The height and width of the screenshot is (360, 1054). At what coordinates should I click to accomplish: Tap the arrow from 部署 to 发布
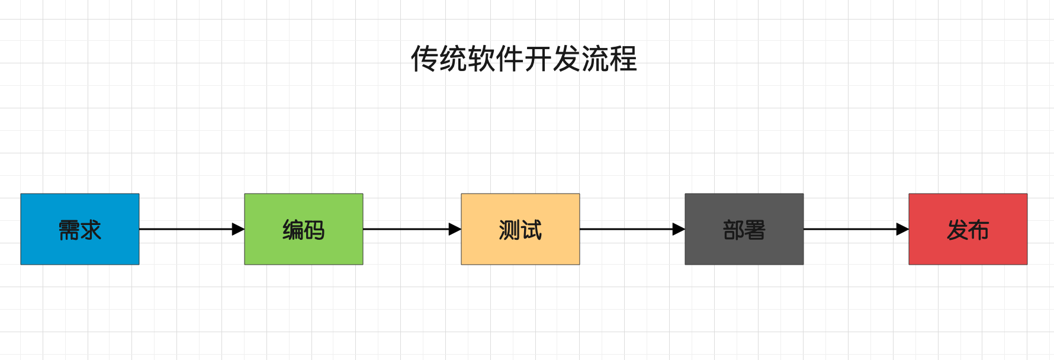[850, 229]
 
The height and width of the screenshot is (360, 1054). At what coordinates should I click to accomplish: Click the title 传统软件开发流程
[524, 59]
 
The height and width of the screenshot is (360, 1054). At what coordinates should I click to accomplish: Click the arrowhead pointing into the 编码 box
[238, 229]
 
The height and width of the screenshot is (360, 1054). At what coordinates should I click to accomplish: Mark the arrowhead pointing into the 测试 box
[455, 229]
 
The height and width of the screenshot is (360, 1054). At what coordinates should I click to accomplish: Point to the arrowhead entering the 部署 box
[679, 229]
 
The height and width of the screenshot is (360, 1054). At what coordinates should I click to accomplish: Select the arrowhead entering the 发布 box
[902, 229]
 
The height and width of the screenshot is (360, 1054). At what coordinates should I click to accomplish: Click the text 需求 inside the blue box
[80, 230]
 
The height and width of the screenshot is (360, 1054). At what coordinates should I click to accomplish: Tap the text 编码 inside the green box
[304, 230]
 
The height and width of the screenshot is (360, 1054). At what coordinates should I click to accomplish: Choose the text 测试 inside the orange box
[520, 230]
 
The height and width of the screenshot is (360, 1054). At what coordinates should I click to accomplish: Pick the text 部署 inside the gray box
[744, 230]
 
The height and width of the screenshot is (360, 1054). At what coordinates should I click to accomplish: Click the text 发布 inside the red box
[968, 230]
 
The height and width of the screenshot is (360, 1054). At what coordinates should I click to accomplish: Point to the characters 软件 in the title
[496, 59]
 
